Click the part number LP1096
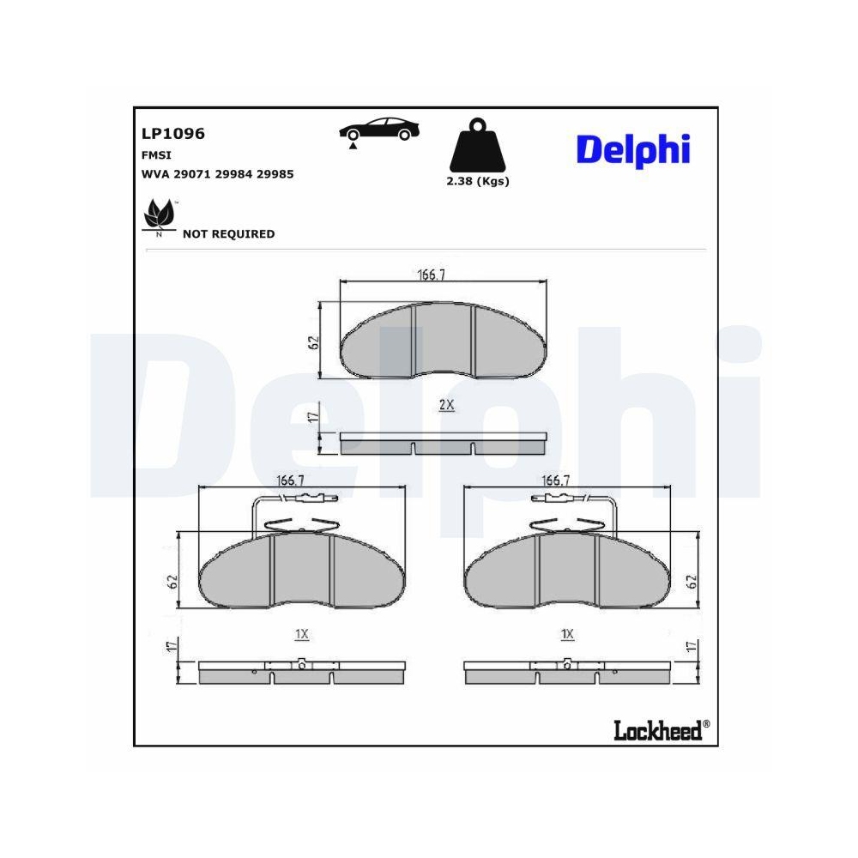click(x=172, y=134)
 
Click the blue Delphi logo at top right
click(x=632, y=149)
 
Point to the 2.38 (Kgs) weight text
click(x=478, y=181)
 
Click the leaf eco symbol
click(x=159, y=215)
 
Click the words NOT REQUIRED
click(x=229, y=234)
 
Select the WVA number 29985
click(x=276, y=173)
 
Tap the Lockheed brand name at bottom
click(x=657, y=729)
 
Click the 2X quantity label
click(x=446, y=405)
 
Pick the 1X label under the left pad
click(x=301, y=634)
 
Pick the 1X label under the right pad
click(x=566, y=634)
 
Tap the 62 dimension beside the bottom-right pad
click(x=692, y=580)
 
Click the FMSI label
click(x=156, y=155)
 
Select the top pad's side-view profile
click(x=444, y=443)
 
